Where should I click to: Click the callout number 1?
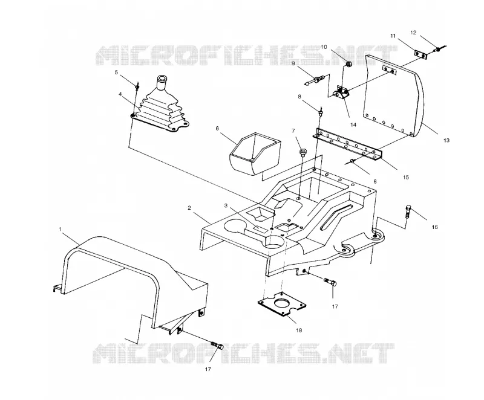[x=60, y=229]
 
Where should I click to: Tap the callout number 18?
[x=299, y=331]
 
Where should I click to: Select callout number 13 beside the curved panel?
[x=446, y=140]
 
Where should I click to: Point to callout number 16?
[x=434, y=227]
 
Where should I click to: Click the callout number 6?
[x=217, y=128]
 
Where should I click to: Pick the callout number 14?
[x=353, y=124]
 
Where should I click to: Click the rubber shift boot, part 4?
[x=160, y=104]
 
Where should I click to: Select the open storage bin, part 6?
[x=255, y=153]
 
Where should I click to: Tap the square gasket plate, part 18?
[x=282, y=304]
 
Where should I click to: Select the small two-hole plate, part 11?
[x=420, y=54]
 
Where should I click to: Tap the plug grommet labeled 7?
[x=302, y=152]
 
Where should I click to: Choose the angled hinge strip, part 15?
[x=348, y=143]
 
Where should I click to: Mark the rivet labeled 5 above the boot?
[x=137, y=86]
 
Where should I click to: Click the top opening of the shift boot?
[x=162, y=77]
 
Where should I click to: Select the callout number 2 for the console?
[x=189, y=208]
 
